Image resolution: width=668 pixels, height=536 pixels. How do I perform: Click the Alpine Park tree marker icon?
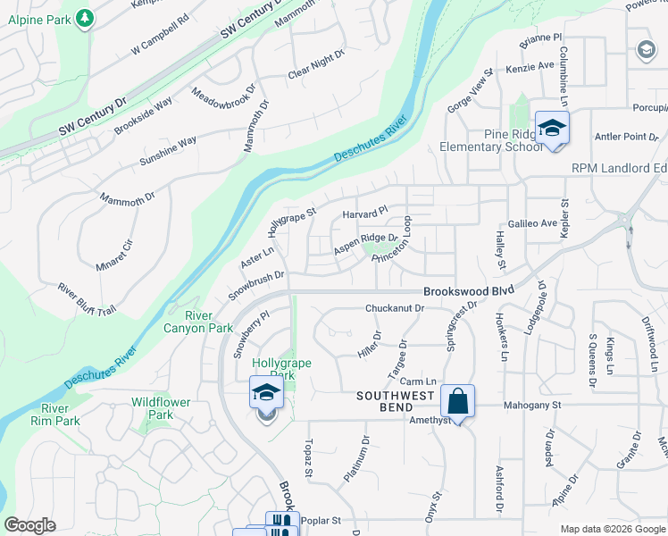[x=84, y=18]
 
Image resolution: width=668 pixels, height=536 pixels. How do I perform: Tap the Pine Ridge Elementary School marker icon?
[x=552, y=129]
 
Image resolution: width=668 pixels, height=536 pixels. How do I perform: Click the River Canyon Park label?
[x=197, y=322]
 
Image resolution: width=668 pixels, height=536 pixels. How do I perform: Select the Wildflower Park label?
[x=161, y=408]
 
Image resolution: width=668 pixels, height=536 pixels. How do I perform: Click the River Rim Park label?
[x=61, y=415]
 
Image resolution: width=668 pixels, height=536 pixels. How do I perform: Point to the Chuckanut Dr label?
[x=394, y=308]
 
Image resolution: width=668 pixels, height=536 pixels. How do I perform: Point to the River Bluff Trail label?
[x=87, y=298]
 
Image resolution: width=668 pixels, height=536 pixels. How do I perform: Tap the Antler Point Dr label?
[x=626, y=137]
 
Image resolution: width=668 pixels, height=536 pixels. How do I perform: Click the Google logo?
[x=30, y=525]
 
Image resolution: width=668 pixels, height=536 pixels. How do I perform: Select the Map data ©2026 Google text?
[x=613, y=529]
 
